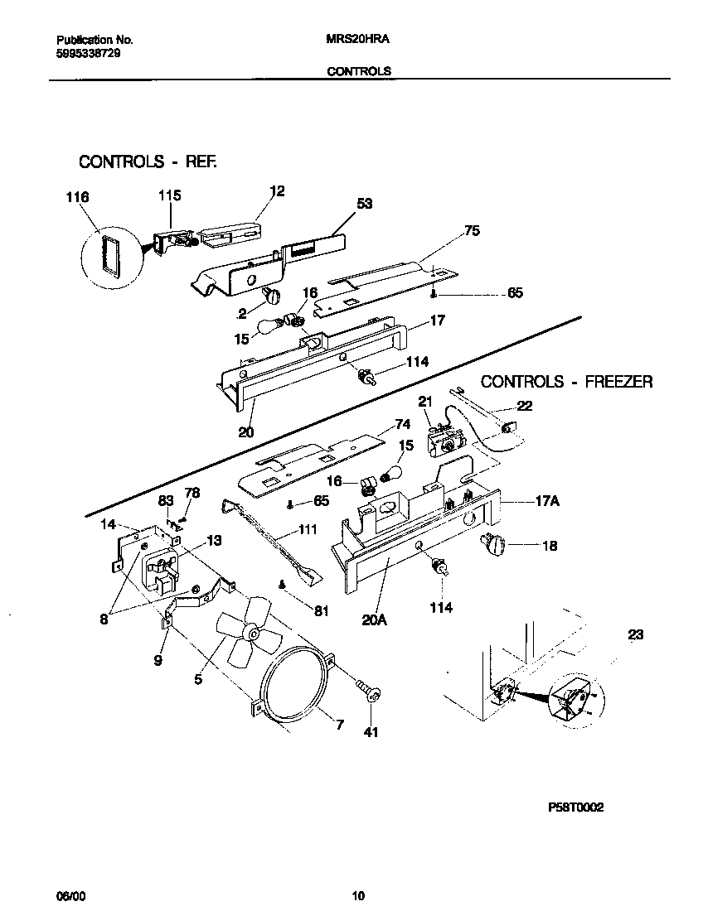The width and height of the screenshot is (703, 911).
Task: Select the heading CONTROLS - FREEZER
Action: pos(566,382)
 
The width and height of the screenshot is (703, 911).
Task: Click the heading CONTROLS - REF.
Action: pos(148,161)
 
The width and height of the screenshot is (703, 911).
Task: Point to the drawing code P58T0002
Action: pos(575,807)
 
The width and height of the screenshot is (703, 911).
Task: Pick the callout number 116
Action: pos(77,197)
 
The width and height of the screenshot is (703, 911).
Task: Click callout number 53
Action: pos(365,202)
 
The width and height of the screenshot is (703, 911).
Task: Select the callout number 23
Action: pos(635,636)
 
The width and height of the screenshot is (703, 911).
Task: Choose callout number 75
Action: pos(472,231)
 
